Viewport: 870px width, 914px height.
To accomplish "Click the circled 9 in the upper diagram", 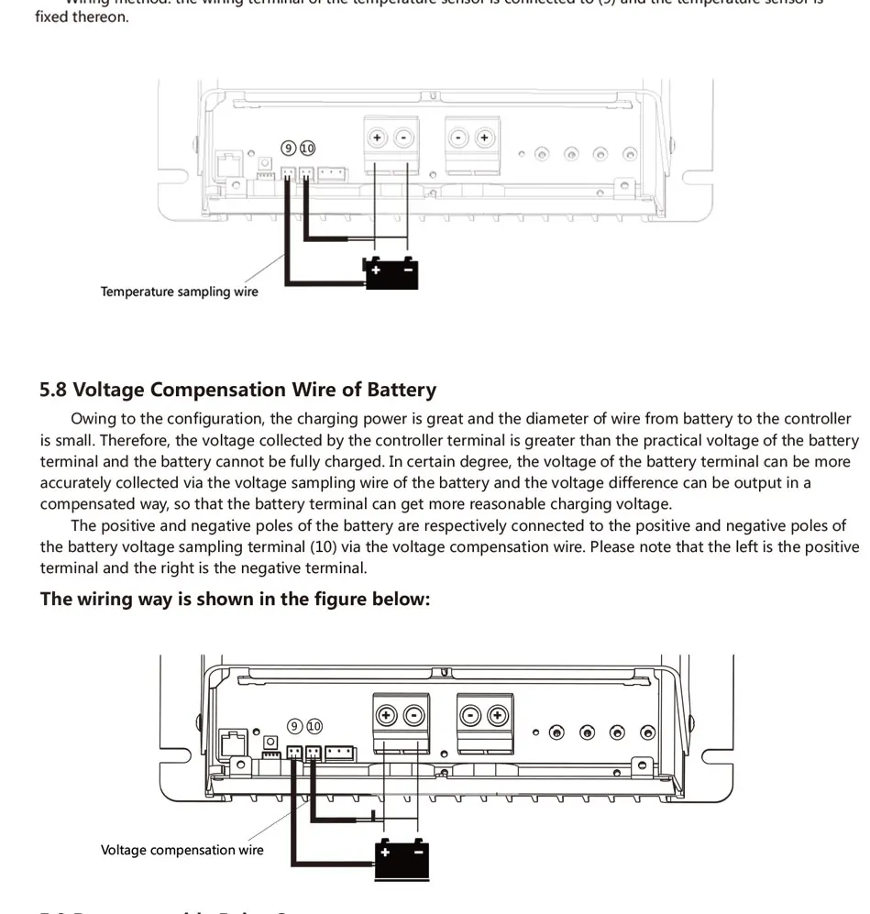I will pos(289,149).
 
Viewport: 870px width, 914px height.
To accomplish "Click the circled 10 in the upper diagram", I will pos(307,149).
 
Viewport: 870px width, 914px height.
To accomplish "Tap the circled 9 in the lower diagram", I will pos(294,726).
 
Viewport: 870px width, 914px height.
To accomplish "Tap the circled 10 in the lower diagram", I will pos(314,726).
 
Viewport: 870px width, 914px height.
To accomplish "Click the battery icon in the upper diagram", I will pos(391,273).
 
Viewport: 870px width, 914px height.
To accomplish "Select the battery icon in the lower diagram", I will pos(402,859).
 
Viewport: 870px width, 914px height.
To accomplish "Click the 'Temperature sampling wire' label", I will pos(180,292).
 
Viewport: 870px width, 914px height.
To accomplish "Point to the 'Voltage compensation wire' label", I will pos(182,850).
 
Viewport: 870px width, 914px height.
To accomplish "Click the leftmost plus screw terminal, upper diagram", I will pos(376,138).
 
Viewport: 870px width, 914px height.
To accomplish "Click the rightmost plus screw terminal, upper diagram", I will pos(484,138).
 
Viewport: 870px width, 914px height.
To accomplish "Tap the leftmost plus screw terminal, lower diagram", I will pos(386,715).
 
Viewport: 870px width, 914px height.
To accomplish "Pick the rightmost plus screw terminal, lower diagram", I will pos(498,715).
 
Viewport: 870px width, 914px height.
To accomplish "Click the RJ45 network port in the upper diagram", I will pos(224,165).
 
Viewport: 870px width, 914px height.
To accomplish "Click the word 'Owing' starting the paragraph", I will pos(93,419).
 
